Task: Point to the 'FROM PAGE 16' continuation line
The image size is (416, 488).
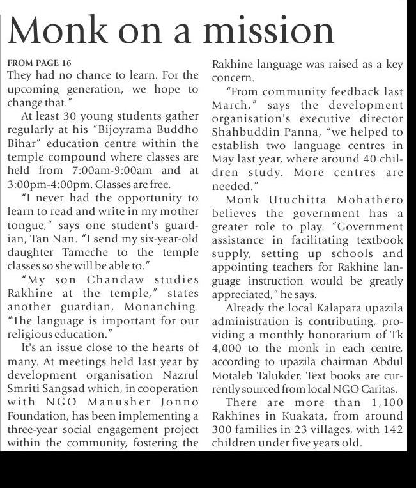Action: click(x=40, y=63)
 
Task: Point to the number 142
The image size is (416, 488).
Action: click(x=391, y=429)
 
